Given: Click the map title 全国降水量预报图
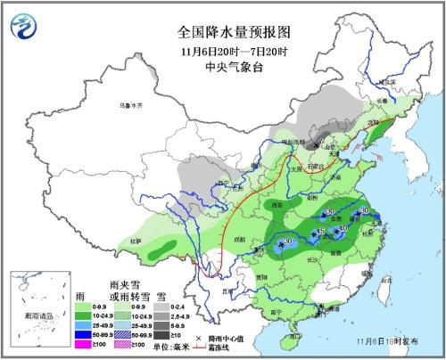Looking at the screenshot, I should [222, 29].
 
